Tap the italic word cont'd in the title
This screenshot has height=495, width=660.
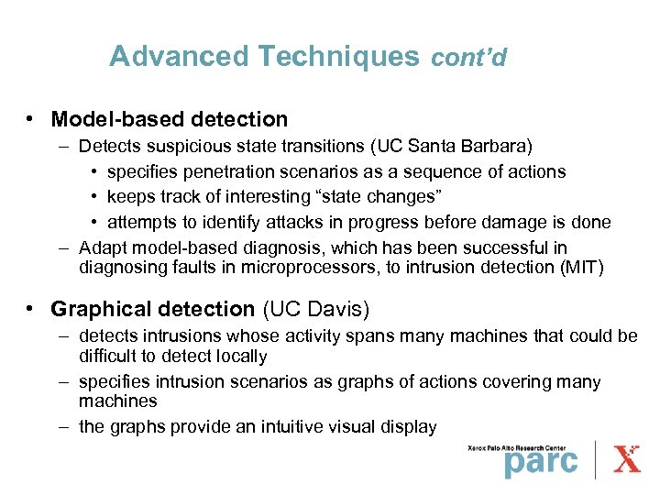[468, 58]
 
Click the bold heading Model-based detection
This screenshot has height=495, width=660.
[170, 119]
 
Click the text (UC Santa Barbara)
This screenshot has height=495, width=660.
[462, 147]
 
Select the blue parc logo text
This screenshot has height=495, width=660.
[541, 461]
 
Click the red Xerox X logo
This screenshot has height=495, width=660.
[628, 458]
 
